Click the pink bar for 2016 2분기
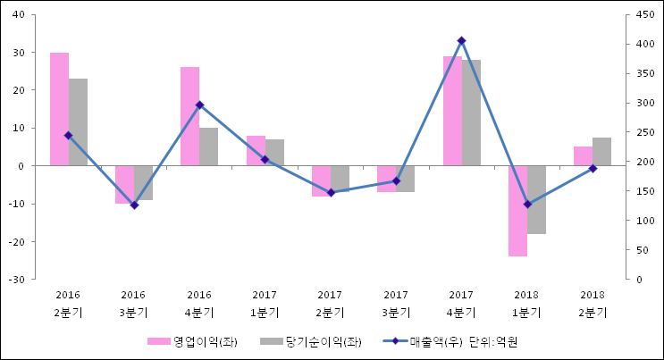coord(59,109)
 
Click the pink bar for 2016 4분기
coord(189,116)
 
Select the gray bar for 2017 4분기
coord(471,113)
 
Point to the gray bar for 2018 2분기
coord(601,152)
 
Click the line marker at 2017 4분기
coord(461,41)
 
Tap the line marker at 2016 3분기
coord(134,205)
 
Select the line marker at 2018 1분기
coord(527,205)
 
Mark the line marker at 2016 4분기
coord(199,105)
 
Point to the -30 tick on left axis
coord(17,280)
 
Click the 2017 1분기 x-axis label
coord(265,304)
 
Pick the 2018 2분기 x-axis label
coord(593,304)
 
